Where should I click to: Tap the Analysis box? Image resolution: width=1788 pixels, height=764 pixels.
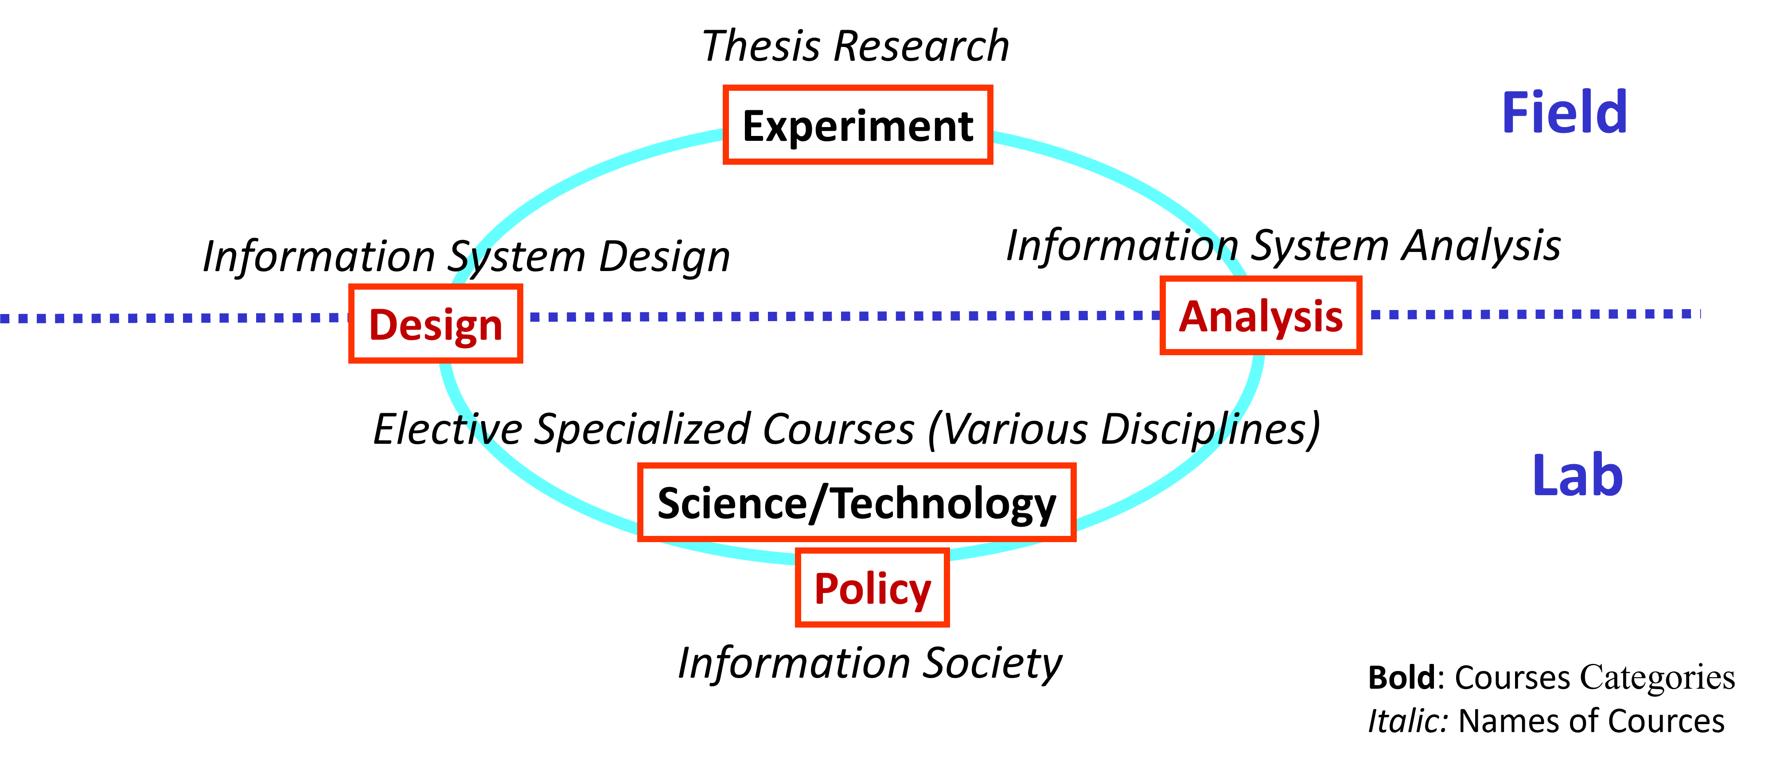pyautogui.click(x=1261, y=316)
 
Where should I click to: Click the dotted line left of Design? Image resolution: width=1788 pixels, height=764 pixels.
pyautogui.click(x=174, y=318)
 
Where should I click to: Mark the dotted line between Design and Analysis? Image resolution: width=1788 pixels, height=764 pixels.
pyautogui.click(x=833, y=316)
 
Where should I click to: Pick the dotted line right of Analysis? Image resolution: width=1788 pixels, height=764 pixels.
pyautogui.click(x=1527, y=314)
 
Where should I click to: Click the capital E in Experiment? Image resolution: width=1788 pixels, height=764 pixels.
pyautogui.click(x=755, y=126)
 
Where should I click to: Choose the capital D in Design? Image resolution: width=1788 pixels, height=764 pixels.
pyautogui.click(x=382, y=324)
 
